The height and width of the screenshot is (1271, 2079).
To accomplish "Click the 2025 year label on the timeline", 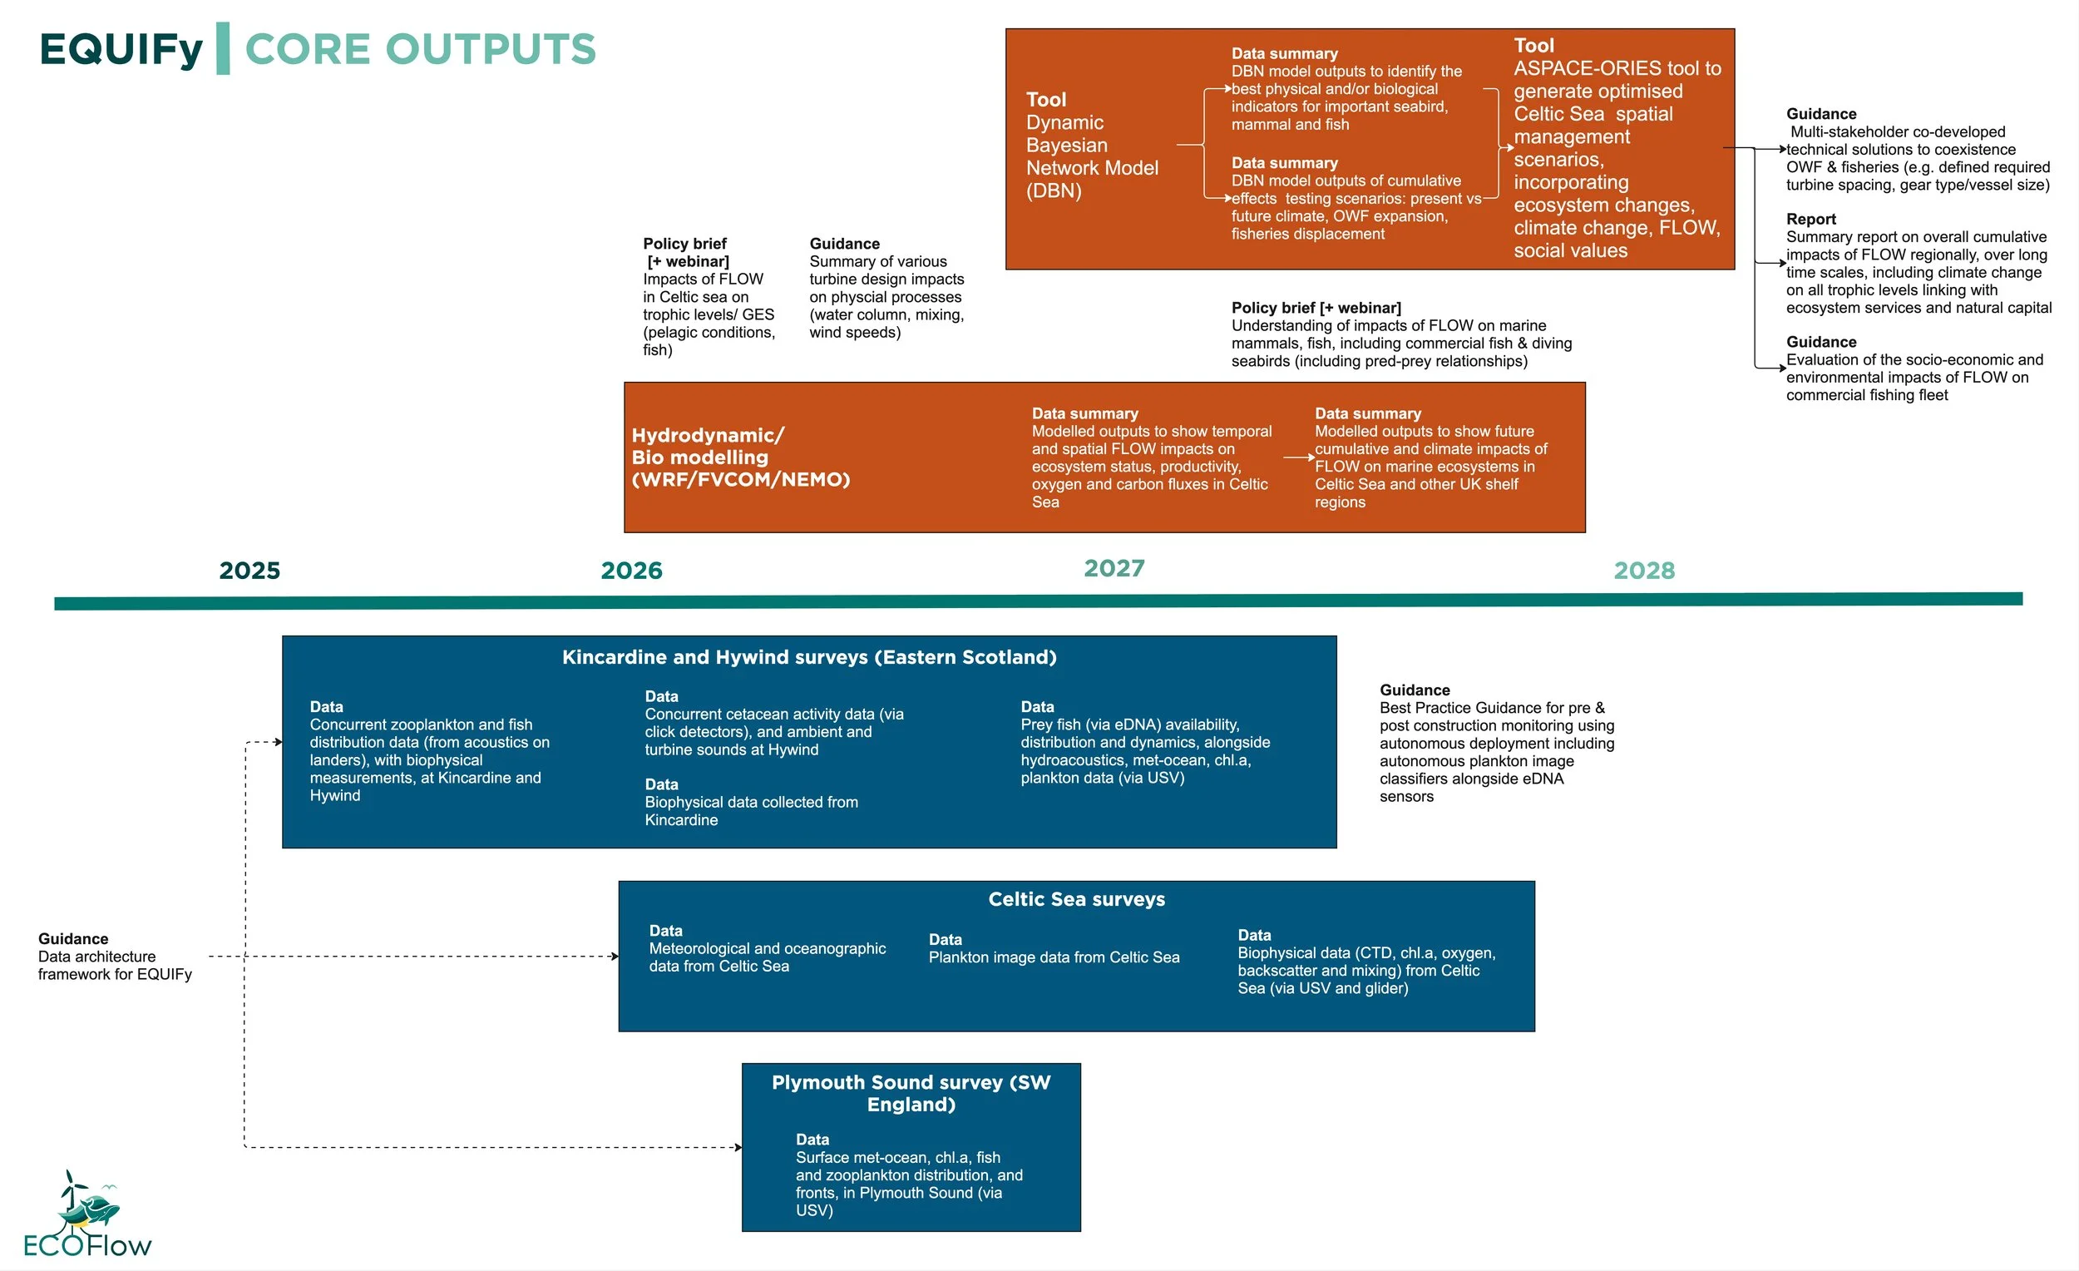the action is (249, 571).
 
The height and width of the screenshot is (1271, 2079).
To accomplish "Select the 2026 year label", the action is (631, 571).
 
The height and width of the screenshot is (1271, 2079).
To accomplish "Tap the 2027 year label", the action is (1114, 568).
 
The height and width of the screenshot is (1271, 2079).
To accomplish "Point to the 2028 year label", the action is (1643, 571).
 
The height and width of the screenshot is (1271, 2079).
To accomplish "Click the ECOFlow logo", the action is (87, 1215).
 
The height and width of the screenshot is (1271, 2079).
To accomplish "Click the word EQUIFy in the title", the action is (121, 49).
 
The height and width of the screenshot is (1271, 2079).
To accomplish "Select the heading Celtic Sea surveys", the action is (1076, 899).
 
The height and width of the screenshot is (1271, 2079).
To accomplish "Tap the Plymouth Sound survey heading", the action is (911, 1093).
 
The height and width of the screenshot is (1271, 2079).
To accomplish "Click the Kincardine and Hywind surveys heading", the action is (808, 656).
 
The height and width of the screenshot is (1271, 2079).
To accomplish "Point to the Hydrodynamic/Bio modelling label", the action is (740, 457).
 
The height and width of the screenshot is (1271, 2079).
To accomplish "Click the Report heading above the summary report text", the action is (1810, 219).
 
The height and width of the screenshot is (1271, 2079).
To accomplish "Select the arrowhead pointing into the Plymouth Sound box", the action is (738, 1147).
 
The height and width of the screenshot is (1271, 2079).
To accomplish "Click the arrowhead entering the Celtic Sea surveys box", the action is (615, 957).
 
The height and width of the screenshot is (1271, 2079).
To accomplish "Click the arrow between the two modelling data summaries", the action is (1298, 457).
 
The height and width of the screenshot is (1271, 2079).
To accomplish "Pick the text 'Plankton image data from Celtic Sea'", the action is (1053, 957).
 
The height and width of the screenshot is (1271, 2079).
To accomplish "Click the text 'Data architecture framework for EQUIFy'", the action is (114, 966).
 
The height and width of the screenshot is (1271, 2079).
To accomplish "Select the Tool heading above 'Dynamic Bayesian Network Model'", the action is (1045, 100).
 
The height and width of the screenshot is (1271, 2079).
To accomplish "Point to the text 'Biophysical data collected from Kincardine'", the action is (750, 810).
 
